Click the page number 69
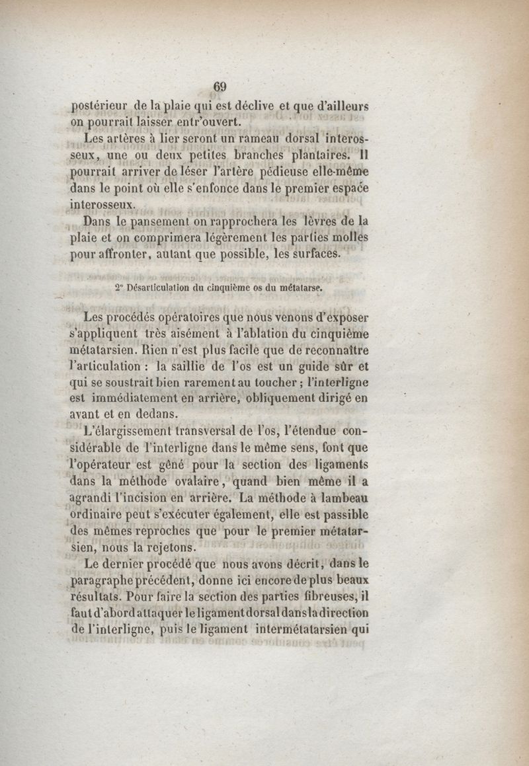tap(220, 87)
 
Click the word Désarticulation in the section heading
tap(165, 288)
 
